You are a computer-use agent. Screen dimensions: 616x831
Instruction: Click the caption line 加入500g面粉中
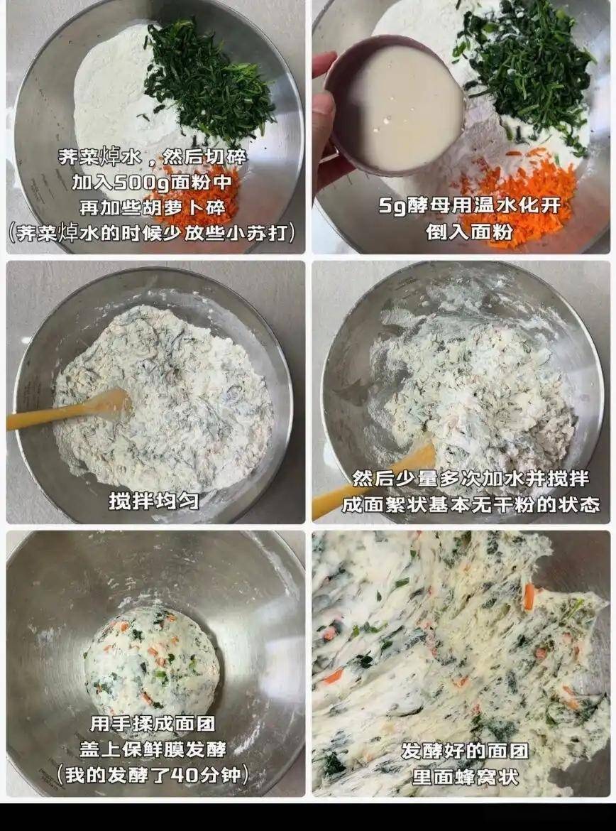coord(152,183)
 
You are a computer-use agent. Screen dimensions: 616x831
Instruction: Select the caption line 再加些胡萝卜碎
coord(152,207)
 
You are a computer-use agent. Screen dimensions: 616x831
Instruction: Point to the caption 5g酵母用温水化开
coord(469,206)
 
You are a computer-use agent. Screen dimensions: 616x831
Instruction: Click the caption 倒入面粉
coord(469,231)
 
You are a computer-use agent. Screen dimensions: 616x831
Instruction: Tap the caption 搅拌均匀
coord(154,500)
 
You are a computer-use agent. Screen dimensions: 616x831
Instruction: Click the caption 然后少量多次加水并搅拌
coord(471,479)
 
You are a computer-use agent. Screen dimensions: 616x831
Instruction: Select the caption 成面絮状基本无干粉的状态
coord(471,504)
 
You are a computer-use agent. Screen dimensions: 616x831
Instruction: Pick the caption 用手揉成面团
coord(153,724)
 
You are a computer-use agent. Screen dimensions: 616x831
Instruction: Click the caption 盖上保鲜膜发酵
coord(153,749)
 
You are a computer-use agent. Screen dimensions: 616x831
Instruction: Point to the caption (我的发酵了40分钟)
coord(153,775)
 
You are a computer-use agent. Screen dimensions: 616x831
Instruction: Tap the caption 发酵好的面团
coord(465,751)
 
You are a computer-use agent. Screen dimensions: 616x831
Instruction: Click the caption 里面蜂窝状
coord(465,776)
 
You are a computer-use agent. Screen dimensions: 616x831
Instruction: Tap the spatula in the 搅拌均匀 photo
coord(68,408)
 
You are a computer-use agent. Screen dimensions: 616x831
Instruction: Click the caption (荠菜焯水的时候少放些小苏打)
coord(152,233)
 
